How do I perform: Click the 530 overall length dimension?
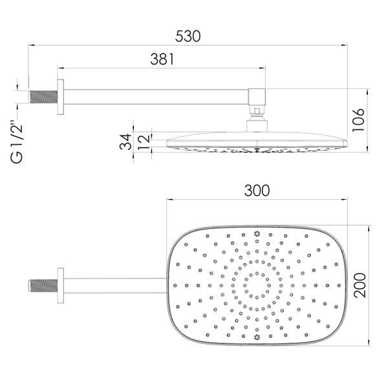(188, 36)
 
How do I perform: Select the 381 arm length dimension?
(162, 59)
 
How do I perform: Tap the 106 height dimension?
(358, 120)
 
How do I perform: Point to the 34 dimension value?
(125, 142)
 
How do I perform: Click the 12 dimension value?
(144, 142)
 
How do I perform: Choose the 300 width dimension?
(257, 191)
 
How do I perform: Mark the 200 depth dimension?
(360, 285)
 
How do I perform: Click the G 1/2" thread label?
(17, 144)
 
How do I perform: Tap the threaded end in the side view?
(44, 97)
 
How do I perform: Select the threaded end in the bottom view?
(43, 286)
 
